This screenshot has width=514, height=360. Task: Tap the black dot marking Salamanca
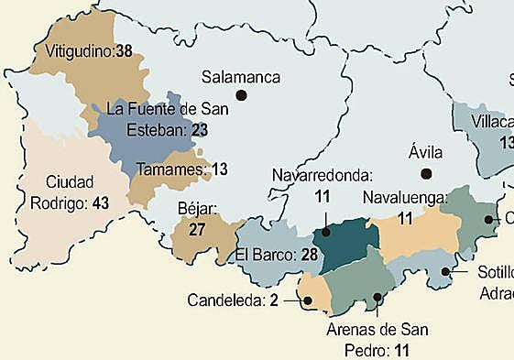coord(241,94)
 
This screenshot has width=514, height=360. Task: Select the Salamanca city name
coord(241,77)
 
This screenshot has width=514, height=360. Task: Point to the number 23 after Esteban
coord(200,131)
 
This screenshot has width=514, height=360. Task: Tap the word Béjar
coord(195,210)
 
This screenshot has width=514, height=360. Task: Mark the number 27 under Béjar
coord(196,229)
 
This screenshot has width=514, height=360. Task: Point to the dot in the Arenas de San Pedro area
coord(378,297)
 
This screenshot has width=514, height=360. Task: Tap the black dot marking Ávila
coord(425,174)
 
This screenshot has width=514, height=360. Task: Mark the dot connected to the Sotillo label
coord(445,271)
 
